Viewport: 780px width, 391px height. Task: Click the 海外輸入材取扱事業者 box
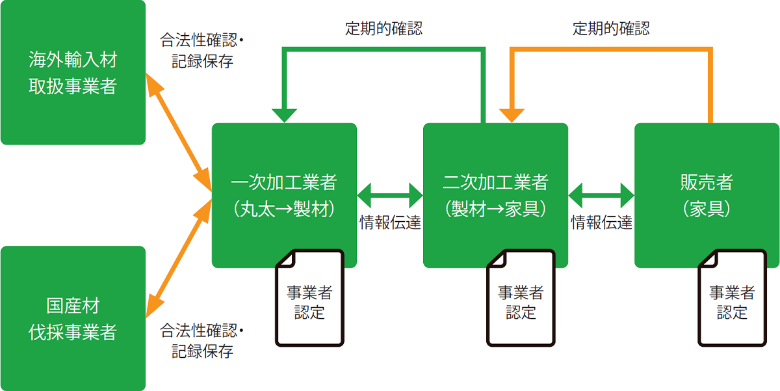pyautogui.click(x=73, y=72)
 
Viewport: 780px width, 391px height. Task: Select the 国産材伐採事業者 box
pyautogui.click(x=73, y=318)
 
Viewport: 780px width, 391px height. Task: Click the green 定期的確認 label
pyautogui.click(x=383, y=29)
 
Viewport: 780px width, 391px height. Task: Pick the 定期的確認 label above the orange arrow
pyautogui.click(x=610, y=29)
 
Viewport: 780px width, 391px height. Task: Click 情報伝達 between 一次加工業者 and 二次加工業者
pyautogui.click(x=390, y=223)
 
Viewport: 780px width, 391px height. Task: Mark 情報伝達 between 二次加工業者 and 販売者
pyautogui.click(x=601, y=223)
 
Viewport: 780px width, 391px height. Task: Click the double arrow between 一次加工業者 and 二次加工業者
pyautogui.click(x=390, y=194)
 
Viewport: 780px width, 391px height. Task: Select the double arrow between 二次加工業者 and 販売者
pyautogui.click(x=601, y=194)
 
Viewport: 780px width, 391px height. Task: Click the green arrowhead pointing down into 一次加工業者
pyautogui.click(x=284, y=114)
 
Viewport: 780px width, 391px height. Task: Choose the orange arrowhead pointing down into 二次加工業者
pyautogui.click(x=512, y=114)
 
